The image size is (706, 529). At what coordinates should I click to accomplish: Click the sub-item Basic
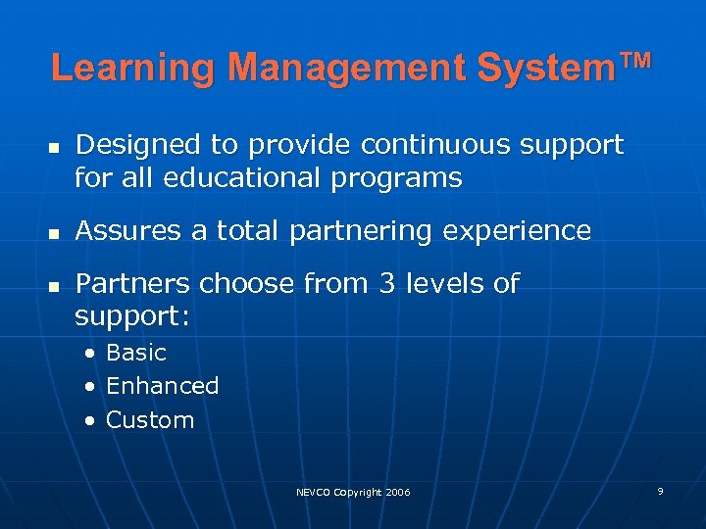[136, 353]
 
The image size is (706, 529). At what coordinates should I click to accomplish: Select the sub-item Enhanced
[162, 386]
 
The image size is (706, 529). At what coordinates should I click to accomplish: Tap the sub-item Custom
[150, 420]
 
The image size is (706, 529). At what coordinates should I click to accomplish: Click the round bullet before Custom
[90, 421]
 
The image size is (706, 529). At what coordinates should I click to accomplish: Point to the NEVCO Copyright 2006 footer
[353, 492]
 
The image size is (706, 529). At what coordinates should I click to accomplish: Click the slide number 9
[660, 490]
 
